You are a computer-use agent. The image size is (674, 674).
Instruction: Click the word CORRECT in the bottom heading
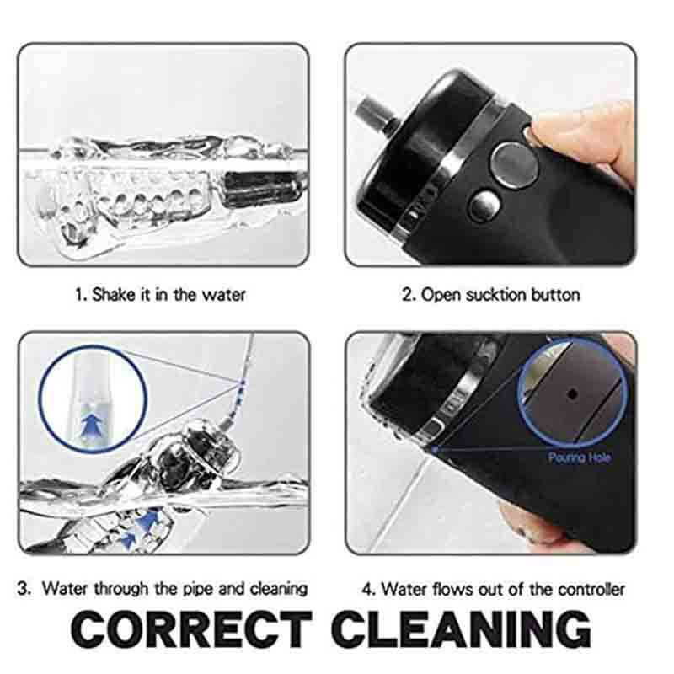point(191,629)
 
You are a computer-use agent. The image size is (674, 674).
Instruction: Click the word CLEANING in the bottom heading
point(461,629)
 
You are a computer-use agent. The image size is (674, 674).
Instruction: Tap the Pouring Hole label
point(580,457)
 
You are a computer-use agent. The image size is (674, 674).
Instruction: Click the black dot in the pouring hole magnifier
point(573,393)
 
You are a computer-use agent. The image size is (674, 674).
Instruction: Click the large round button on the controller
point(514,165)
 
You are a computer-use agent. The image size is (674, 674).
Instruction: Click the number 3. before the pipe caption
point(24,588)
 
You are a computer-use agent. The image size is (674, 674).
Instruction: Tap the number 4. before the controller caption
point(369,589)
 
